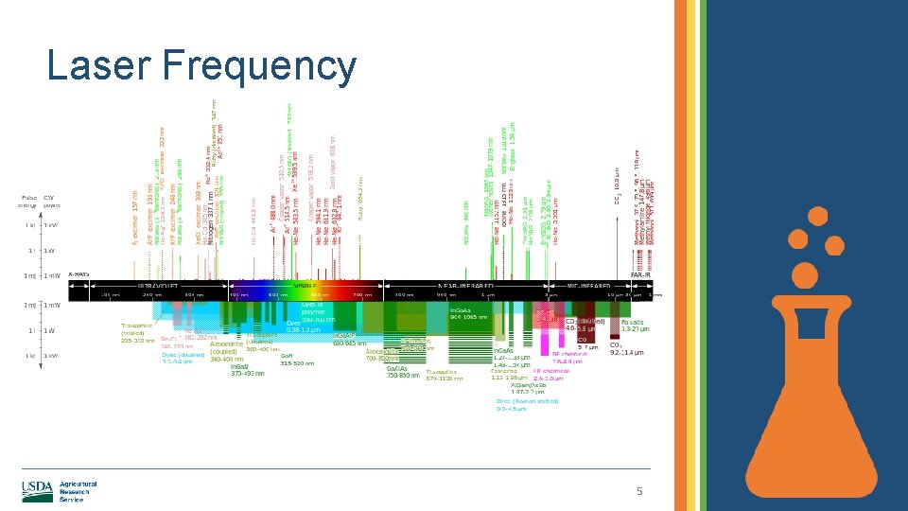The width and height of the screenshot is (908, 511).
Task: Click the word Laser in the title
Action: [99, 66]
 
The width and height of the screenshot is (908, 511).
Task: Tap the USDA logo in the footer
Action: [38, 489]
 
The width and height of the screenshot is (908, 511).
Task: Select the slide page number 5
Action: [639, 491]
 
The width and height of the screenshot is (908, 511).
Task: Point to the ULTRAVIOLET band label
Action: [156, 284]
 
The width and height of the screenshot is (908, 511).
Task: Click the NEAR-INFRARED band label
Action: [465, 284]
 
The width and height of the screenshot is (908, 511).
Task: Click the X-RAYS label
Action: [78, 275]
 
